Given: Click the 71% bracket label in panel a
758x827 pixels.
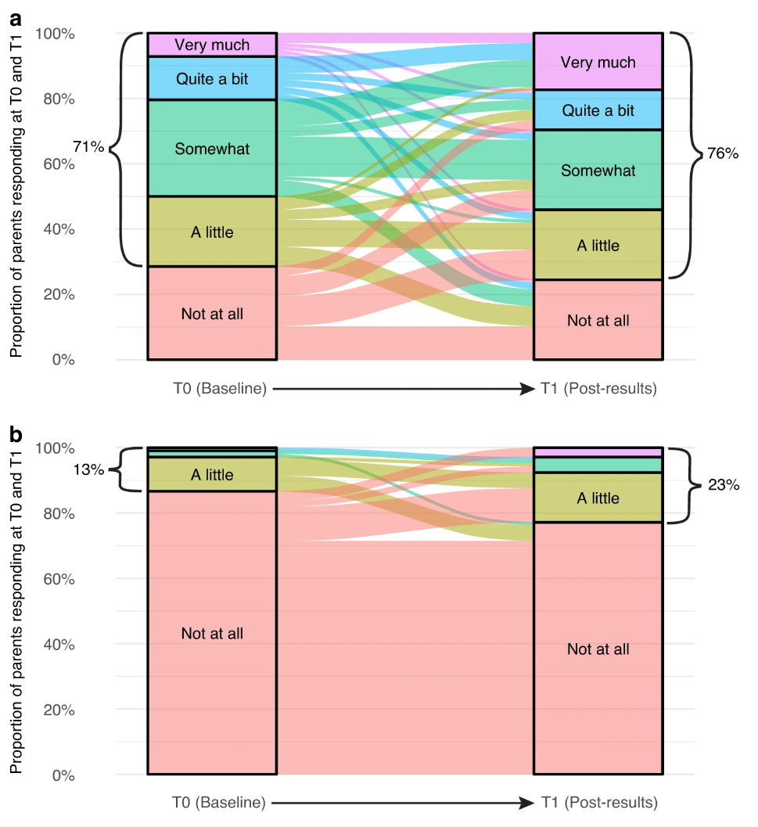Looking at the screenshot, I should [x=88, y=146].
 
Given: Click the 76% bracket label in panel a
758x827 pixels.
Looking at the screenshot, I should [x=722, y=153].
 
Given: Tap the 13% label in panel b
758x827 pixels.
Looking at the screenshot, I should [x=88, y=470].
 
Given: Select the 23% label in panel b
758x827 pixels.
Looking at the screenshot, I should [x=723, y=485].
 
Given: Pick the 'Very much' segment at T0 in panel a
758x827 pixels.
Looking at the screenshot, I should [x=212, y=45].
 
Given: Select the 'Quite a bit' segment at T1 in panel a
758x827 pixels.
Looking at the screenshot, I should [x=598, y=110].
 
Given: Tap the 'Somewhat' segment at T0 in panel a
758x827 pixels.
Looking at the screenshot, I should [x=212, y=148].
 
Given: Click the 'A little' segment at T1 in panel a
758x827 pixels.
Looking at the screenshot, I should [x=598, y=245].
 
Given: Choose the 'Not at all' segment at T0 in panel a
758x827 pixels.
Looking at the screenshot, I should [x=212, y=314].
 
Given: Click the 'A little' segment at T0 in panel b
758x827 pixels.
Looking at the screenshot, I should [x=212, y=475].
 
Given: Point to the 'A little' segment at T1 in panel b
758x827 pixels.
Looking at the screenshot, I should [x=598, y=498].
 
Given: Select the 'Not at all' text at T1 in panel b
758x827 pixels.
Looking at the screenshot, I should [x=598, y=649].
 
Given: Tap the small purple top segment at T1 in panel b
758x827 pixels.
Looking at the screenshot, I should [x=598, y=452].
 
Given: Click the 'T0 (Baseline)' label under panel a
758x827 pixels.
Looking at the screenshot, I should [x=220, y=388].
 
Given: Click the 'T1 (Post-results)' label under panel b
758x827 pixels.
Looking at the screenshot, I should [x=599, y=803].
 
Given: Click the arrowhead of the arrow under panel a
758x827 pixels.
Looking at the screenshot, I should [x=527, y=388].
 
